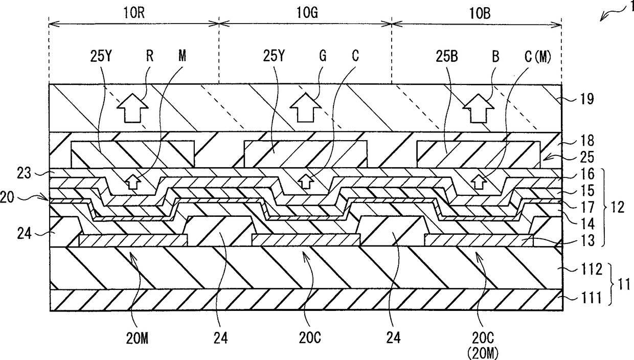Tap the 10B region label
[x=479, y=14]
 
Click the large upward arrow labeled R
[x=132, y=107]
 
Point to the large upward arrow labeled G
[x=305, y=107]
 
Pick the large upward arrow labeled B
[x=479, y=107]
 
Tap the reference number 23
[x=40, y=173]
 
